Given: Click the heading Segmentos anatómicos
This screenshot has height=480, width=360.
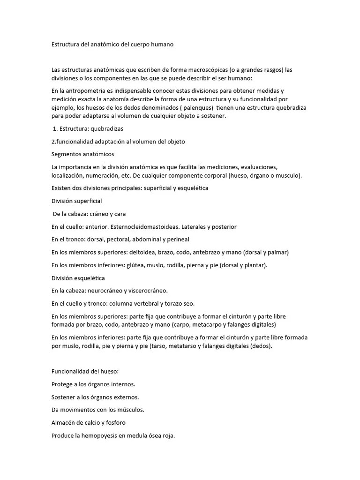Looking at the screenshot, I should [82, 154].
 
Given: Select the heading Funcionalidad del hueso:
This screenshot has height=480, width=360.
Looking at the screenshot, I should [85, 371].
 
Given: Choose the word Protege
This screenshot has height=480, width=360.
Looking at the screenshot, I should [62, 384].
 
